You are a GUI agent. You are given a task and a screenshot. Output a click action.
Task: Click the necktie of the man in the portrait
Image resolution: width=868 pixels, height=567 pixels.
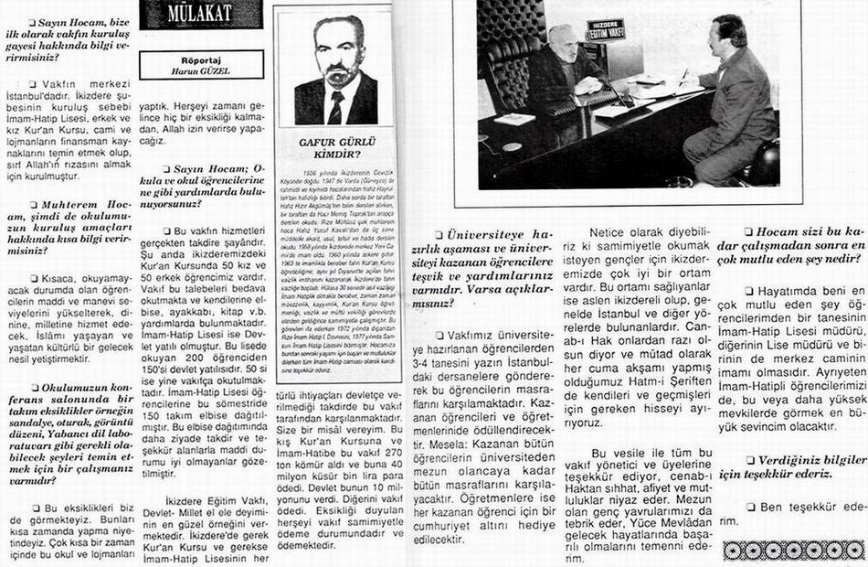[335, 106]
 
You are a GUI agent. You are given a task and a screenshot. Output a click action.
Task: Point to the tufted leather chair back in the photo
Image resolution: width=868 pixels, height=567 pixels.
[512, 46]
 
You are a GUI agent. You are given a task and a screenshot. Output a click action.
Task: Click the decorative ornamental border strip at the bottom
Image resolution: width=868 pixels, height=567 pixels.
[792, 551]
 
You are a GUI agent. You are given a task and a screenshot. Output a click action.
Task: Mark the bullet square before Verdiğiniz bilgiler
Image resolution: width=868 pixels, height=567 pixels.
[751, 460]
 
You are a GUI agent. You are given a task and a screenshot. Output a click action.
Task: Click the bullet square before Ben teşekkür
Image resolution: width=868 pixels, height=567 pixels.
[751, 507]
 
